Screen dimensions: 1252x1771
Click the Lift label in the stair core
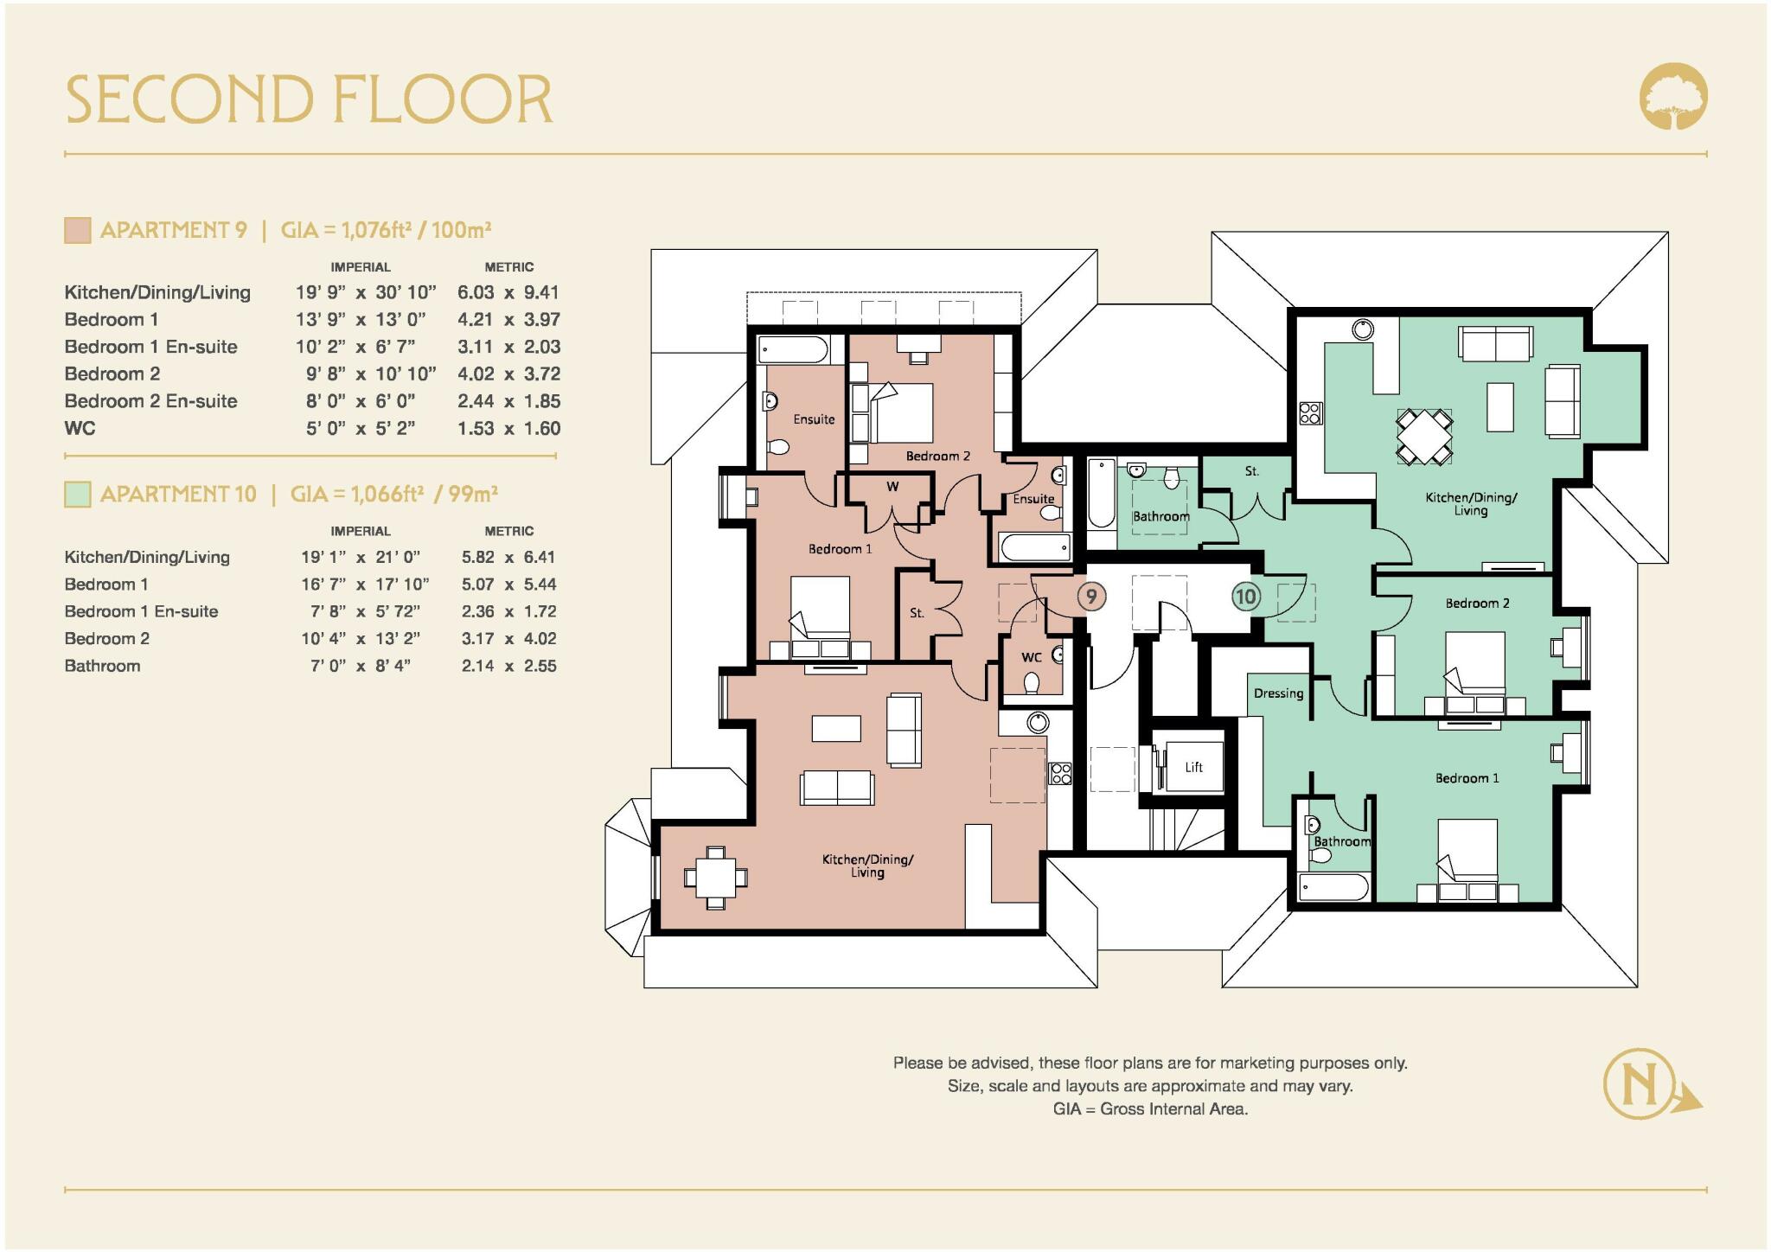point(1193,767)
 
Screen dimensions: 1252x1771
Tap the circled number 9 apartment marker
point(1091,596)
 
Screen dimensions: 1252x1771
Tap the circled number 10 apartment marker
point(1245,596)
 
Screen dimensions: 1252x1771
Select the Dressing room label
point(1278,693)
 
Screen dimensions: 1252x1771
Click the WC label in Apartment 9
point(1031,657)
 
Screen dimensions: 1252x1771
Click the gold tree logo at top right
point(1673,97)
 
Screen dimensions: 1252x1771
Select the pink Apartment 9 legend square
point(77,230)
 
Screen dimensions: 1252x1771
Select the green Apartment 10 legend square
point(77,495)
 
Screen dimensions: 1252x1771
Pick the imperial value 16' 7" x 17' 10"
point(365,584)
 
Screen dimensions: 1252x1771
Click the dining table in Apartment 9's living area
point(715,877)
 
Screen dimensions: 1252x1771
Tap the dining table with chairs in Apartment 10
point(1423,438)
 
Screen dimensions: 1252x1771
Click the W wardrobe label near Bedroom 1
point(892,487)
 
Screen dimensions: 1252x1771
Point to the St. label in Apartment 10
point(1252,471)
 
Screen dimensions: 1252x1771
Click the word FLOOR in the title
point(443,99)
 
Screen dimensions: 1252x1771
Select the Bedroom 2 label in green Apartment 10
point(1477,604)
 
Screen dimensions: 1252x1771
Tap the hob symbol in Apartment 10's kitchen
point(1310,413)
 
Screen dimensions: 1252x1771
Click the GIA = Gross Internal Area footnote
point(1150,1109)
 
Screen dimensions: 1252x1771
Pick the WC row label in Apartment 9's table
point(80,429)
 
